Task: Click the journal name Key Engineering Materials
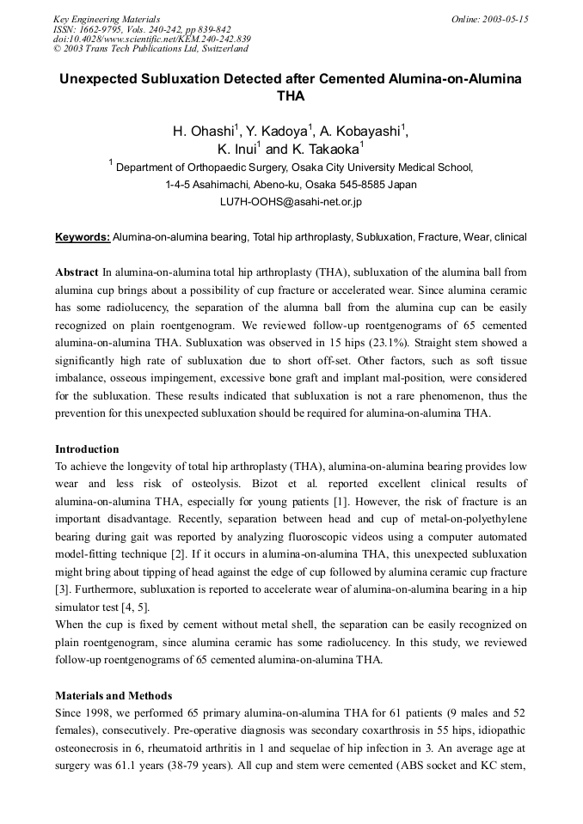[107, 19]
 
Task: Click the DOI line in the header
[151, 39]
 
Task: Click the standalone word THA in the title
[291, 96]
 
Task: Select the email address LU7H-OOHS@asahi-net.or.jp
[291, 202]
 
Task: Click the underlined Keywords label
[83, 236]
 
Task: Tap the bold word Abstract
[77, 272]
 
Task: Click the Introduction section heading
[87, 449]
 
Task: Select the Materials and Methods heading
[114, 695]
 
